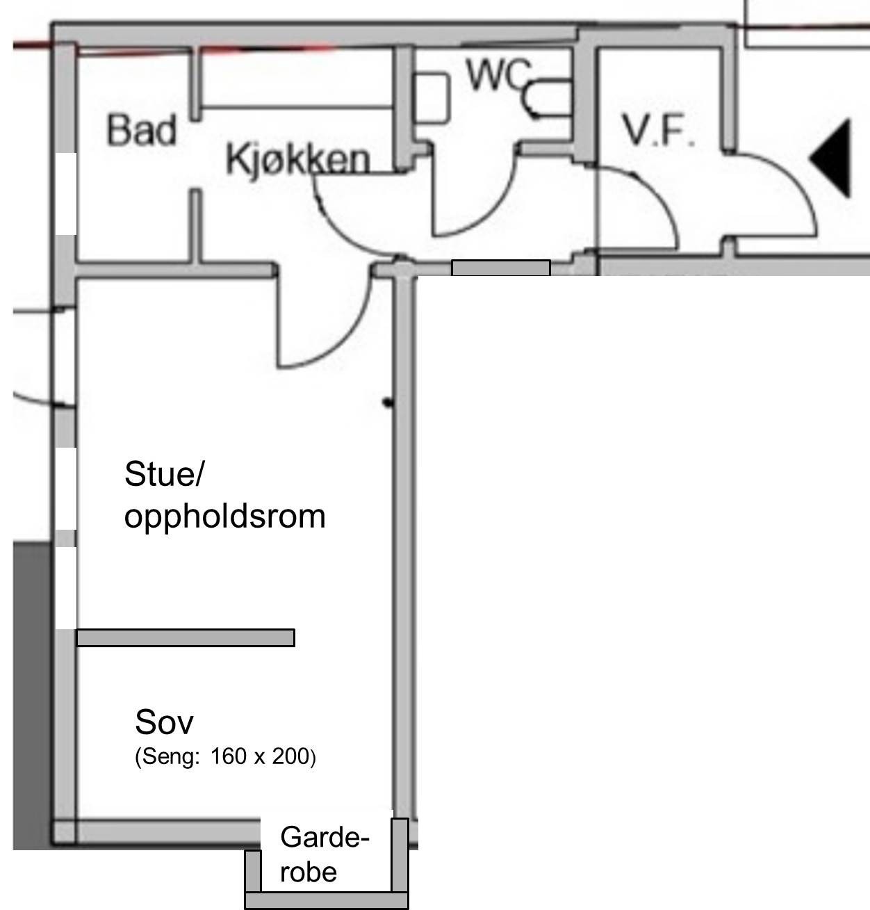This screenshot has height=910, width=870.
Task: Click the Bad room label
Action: pyautogui.click(x=142, y=130)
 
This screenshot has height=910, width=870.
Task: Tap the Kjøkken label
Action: pyautogui.click(x=297, y=159)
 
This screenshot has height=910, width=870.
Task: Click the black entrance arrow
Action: pyautogui.click(x=832, y=158)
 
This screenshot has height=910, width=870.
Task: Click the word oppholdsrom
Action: pyautogui.click(x=224, y=517)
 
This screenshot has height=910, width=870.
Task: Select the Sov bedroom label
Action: pyautogui.click(x=164, y=722)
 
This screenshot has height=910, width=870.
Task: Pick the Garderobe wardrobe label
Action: pyautogui.click(x=323, y=854)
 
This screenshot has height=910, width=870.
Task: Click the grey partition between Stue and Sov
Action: pyautogui.click(x=185, y=637)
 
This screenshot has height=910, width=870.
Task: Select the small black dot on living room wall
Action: pyautogui.click(x=388, y=402)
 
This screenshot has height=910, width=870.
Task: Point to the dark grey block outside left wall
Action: pyautogui.click(x=32, y=695)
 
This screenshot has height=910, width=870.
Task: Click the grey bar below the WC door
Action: pyautogui.click(x=500, y=268)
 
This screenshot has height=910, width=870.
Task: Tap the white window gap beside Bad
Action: pyautogui.click(x=66, y=193)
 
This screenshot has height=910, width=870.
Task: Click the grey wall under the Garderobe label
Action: pyautogui.click(x=326, y=901)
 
